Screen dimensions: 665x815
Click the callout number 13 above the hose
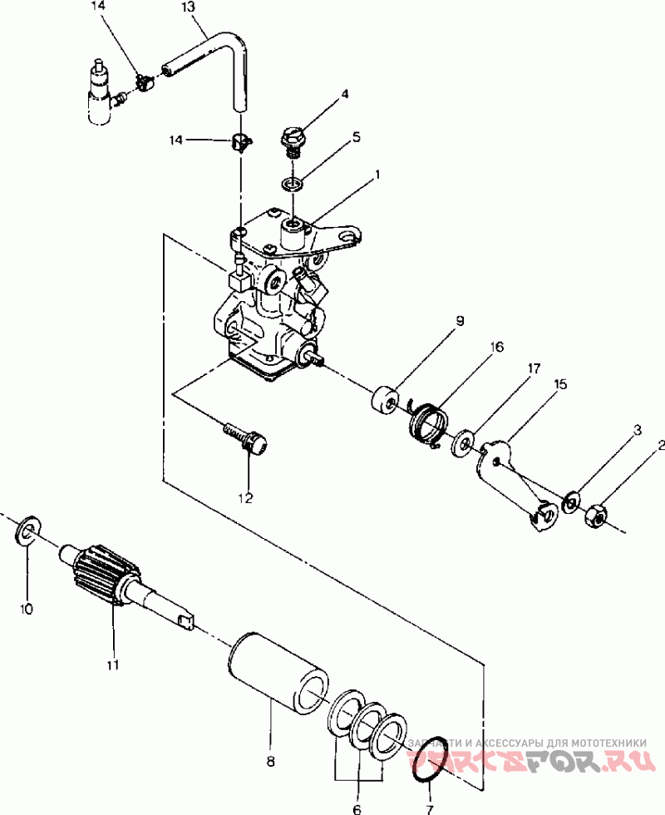188,7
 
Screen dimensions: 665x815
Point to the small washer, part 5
293,184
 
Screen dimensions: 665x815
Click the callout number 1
377,175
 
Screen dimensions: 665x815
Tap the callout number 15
560,384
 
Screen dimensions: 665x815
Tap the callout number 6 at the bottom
357,809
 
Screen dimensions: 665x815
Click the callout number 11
113,664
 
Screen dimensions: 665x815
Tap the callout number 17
534,368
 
